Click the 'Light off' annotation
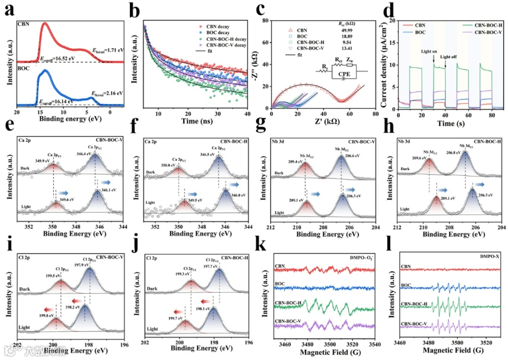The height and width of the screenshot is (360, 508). click(x=450, y=57)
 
